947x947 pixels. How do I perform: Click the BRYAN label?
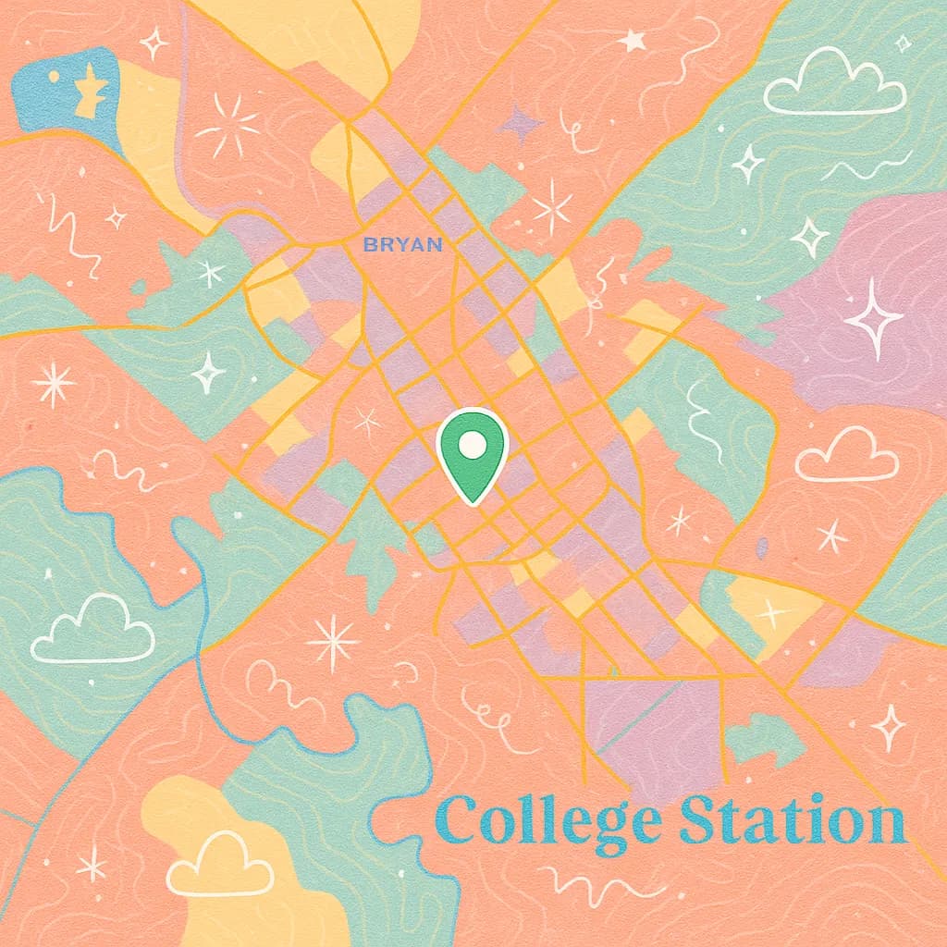click(402, 245)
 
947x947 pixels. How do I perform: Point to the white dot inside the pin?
click(473, 444)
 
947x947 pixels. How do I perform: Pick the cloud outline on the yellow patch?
click(220, 866)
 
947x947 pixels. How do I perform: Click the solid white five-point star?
click(633, 40)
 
